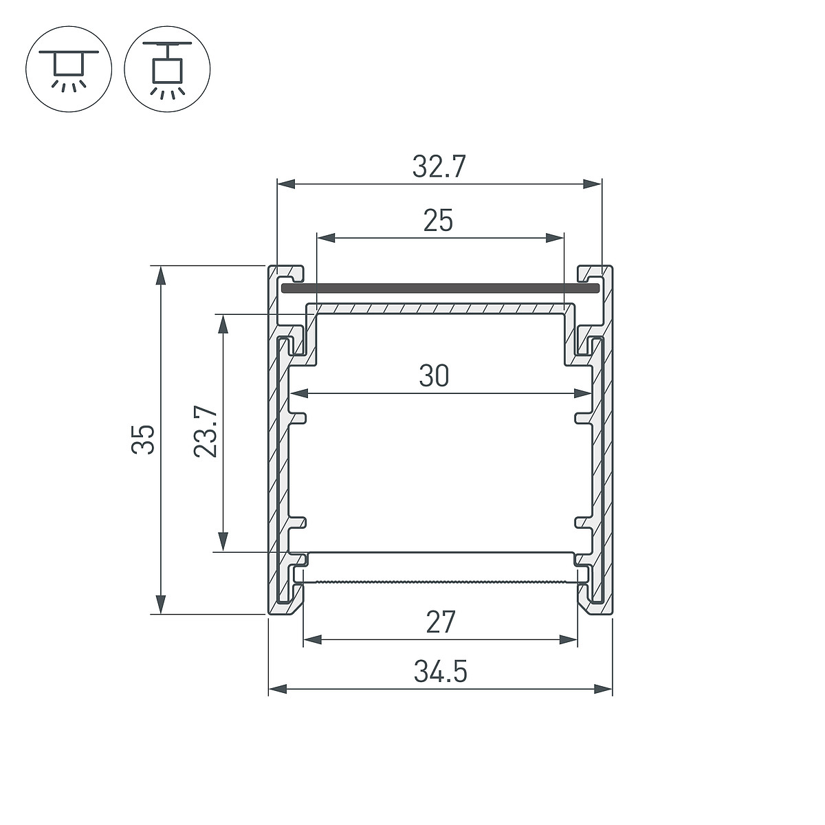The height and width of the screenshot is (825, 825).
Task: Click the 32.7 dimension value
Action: [x=439, y=166]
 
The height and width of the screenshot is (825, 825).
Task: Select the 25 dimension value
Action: [x=438, y=221]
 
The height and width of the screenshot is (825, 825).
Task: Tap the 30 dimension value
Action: [x=434, y=375]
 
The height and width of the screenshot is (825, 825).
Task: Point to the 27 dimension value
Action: [x=440, y=622]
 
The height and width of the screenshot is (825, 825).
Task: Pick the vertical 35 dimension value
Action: [x=142, y=440]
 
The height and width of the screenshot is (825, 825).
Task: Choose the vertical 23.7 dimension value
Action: [x=206, y=432]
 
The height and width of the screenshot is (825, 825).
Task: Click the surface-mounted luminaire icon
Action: [x=69, y=69]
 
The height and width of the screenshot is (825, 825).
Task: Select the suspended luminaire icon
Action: [x=167, y=69]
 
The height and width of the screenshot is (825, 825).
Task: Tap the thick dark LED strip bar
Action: [x=440, y=288]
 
